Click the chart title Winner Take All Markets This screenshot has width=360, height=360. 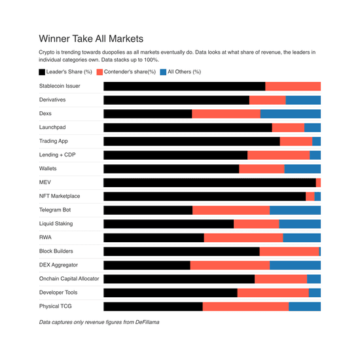pos(91,39)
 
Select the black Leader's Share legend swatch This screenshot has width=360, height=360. pos(43,72)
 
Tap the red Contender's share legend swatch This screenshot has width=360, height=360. pos(99,72)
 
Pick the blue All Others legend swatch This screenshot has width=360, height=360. pos(164,72)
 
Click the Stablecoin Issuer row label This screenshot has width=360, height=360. pos(60,86)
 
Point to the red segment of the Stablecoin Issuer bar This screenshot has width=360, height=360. pos(293,86)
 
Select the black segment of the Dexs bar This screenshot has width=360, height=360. pos(148,114)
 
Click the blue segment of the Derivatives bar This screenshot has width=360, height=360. pos(303,100)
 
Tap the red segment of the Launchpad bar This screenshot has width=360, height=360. pos(288,128)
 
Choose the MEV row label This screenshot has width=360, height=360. pos(46,182)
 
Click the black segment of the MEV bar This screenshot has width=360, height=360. pos(209,183)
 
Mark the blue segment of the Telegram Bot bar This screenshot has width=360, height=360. pos(295,210)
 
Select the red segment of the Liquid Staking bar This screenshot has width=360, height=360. pos(257,224)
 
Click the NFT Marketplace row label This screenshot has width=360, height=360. pos(60,196)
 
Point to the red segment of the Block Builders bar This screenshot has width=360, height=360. pos(289,251)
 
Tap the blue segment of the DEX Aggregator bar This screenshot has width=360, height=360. pos(295,265)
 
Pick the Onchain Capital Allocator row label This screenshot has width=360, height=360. pos(69,278)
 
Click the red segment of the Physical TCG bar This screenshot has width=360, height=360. pos(245,306)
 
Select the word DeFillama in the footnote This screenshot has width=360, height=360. pos(145,322)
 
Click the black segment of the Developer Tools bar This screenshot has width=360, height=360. pos(170,293)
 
